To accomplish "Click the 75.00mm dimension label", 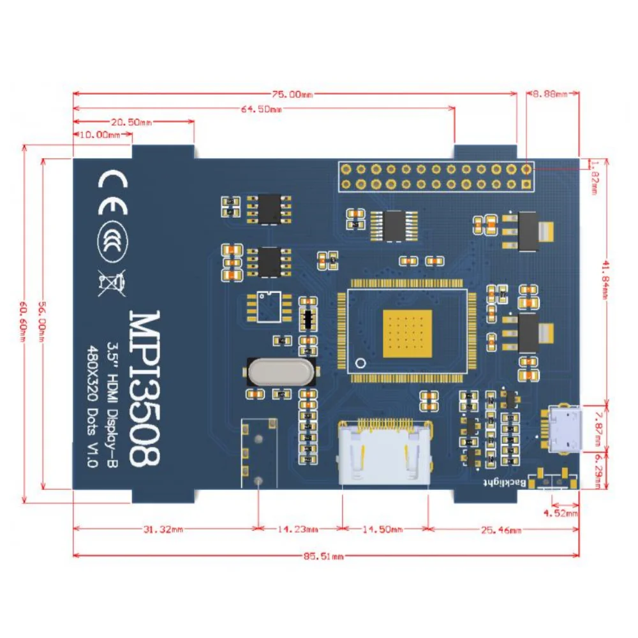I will tap(285, 94).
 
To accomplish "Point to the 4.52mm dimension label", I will tap(561, 512).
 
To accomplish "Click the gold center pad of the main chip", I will tap(406, 332).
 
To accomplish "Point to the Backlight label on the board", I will tap(501, 483).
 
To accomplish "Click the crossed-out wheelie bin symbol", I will tap(112, 281).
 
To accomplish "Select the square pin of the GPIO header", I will tap(526, 184).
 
